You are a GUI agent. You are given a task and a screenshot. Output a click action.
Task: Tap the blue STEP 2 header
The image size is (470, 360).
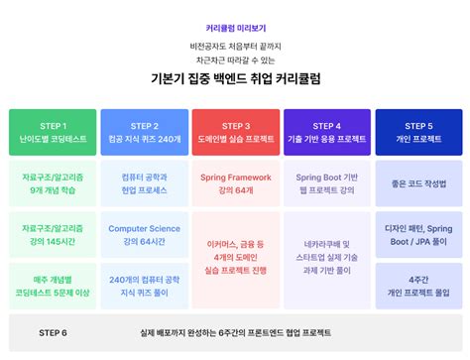(x=144, y=133)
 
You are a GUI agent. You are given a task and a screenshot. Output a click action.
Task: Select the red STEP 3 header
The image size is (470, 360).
(x=236, y=133)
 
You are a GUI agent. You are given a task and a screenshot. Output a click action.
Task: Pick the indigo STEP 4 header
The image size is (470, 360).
(x=326, y=133)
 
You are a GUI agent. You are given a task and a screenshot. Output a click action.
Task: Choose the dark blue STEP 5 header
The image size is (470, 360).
(x=416, y=133)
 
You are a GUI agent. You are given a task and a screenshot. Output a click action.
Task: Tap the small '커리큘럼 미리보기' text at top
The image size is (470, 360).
(x=235, y=29)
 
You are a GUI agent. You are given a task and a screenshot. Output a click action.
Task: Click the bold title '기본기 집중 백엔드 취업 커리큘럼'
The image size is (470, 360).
(x=235, y=78)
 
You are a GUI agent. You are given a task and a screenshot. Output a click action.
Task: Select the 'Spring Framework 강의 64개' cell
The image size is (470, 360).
(x=236, y=183)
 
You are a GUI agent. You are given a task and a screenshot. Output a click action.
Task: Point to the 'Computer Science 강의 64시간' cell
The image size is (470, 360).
(x=144, y=235)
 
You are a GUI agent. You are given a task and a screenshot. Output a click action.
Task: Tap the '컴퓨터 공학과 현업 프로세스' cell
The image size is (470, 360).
(x=144, y=183)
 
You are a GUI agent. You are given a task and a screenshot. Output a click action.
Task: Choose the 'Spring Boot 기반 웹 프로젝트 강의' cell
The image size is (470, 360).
(x=326, y=183)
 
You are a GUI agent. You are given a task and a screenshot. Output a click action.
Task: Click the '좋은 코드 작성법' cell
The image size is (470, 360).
(x=416, y=183)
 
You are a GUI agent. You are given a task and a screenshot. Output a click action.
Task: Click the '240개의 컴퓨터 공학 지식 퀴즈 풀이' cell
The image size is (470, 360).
(x=144, y=287)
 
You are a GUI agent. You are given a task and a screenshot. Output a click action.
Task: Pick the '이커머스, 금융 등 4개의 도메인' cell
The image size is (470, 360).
(x=236, y=257)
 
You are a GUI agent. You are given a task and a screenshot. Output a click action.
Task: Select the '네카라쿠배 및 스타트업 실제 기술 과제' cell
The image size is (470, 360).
(x=326, y=257)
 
